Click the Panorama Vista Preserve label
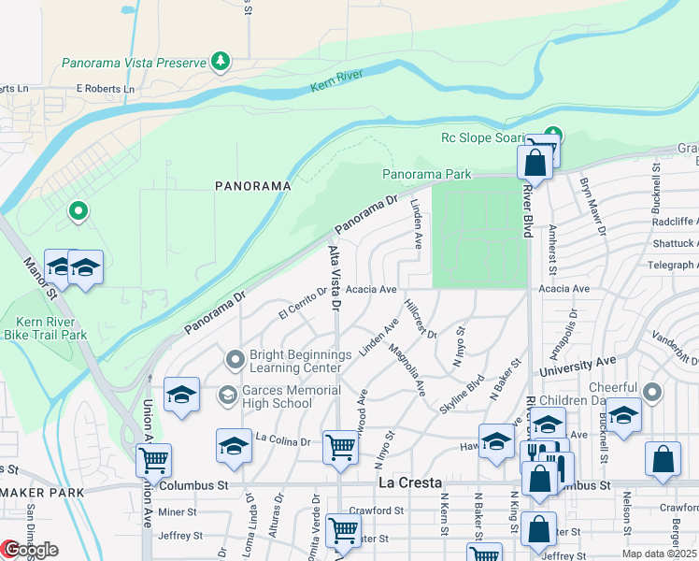click(133, 63)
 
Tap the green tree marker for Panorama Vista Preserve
click(221, 62)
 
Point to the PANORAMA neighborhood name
click(253, 186)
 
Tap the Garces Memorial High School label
click(278, 396)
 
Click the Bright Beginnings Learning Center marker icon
click(235, 357)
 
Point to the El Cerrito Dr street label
click(303, 302)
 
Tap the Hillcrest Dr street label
click(421, 319)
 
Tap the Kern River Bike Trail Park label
click(45, 327)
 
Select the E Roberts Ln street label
click(106, 89)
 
